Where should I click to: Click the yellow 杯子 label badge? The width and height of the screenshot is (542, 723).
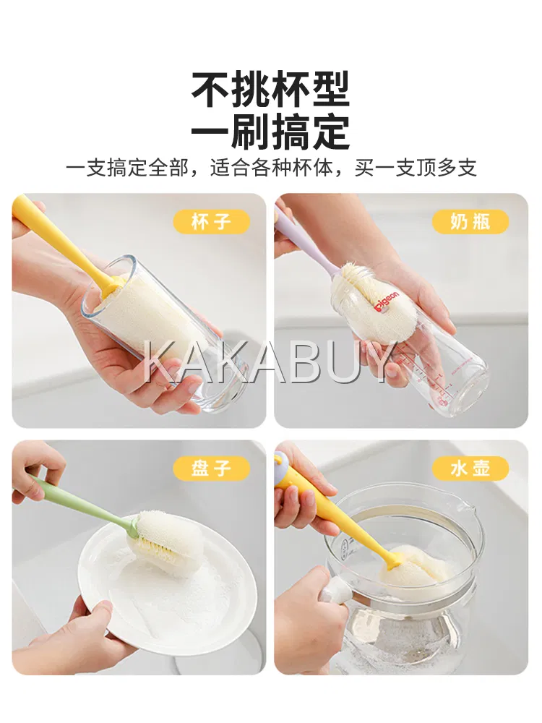pyautogui.click(x=212, y=222)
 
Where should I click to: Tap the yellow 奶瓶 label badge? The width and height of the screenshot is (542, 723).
pyautogui.click(x=470, y=222)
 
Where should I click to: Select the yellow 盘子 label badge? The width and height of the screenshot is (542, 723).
pyautogui.click(x=212, y=469)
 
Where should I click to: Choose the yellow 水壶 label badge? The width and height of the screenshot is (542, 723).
pyautogui.click(x=470, y=469)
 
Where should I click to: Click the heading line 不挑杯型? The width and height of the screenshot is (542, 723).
pyautogui.click(x=271, y=90)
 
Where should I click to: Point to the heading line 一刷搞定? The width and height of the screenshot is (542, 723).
pyautogui.click(x=271, y=131)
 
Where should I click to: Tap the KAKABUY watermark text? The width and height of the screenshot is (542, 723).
pyautogui.click(x=271, y=362)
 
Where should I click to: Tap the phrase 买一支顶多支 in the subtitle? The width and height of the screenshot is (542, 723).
pyautogui.click(x=416, y=168)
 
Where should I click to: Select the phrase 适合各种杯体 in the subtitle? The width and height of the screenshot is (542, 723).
pyautogui.click(x=272, y=168)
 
